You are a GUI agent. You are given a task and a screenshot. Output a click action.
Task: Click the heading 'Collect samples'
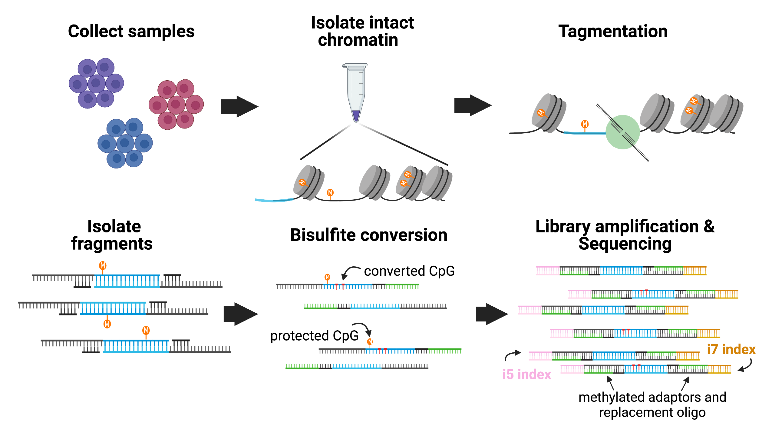[131, 32]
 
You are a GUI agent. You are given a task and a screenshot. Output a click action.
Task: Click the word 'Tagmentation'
[613, 32]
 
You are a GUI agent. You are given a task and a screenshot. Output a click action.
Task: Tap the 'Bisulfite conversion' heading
[368, 235]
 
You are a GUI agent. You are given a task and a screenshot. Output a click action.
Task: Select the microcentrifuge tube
[356, 91]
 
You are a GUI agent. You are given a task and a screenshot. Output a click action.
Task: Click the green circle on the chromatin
[622, 132]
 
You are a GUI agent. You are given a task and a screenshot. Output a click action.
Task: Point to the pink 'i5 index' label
[526, 374]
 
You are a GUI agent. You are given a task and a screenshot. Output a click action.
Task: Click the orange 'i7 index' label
[731, 349]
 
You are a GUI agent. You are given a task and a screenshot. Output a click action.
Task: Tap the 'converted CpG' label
[409, 271]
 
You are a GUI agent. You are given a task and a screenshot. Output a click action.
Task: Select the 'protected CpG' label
[314, 336]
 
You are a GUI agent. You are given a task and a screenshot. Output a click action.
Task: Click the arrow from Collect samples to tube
[239, 107]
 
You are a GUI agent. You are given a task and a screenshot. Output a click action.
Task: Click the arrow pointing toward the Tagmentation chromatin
[473, 105]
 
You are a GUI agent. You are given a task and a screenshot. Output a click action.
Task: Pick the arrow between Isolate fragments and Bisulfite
[240, 314]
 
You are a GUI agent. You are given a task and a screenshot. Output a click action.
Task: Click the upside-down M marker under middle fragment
[107, 324]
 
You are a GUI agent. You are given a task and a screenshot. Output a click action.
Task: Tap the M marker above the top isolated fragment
[103, 266]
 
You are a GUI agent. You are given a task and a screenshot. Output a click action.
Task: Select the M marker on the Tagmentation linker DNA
[585, 124]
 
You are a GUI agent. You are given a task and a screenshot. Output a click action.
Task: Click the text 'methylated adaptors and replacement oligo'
[652, 404]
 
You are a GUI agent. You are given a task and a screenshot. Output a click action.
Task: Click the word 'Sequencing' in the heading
[625, 244]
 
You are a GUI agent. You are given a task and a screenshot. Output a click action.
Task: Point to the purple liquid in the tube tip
[356, 115]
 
